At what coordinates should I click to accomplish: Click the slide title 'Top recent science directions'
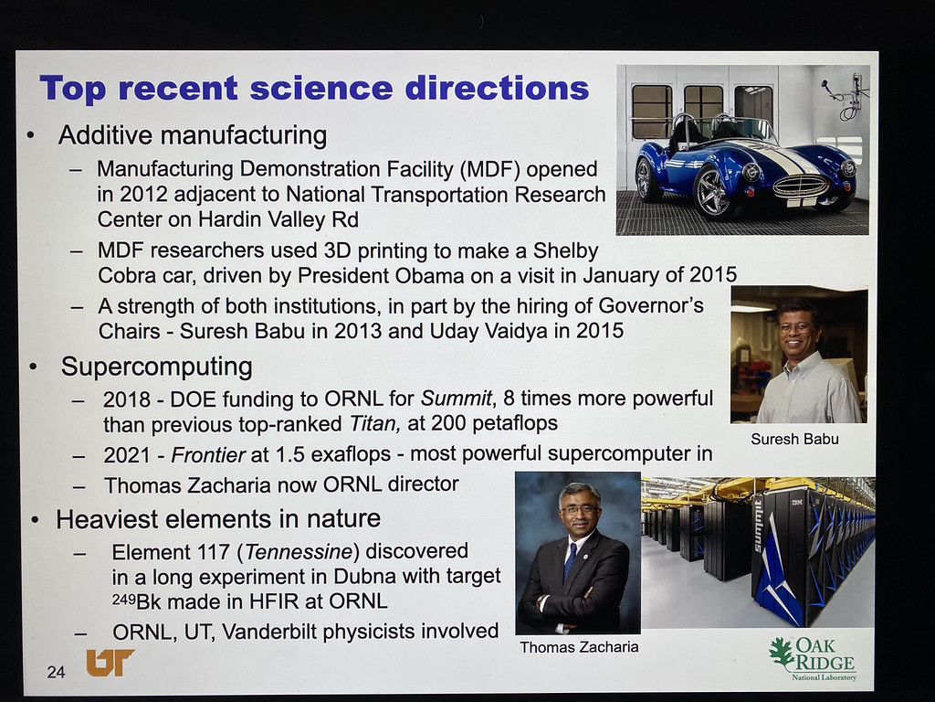tap(314, 89)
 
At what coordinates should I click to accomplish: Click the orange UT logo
tap(110, 663)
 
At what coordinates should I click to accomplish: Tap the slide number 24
tap(56, 672)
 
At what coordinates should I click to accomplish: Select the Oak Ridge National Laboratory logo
tap(813, 659)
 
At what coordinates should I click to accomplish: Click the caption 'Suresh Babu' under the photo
tap(794, 440)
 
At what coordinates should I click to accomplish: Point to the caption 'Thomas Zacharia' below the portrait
tap(579, 647)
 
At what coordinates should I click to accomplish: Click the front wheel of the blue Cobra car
tap(712, 192)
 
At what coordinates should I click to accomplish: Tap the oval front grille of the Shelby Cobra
tap(800, 186)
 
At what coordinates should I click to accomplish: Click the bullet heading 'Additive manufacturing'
tap(192, 135)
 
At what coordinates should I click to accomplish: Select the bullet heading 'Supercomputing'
tap(157, 367)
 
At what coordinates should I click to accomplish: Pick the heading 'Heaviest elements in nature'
tap(218, 519)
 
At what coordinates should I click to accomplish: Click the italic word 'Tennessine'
tap(298, 551)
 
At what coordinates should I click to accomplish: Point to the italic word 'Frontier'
tap(208, 455)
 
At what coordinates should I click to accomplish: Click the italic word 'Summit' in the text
tap(457, 399)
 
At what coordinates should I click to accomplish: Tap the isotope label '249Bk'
tap(137, 601)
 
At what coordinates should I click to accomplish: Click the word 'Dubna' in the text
tap(365, 577)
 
